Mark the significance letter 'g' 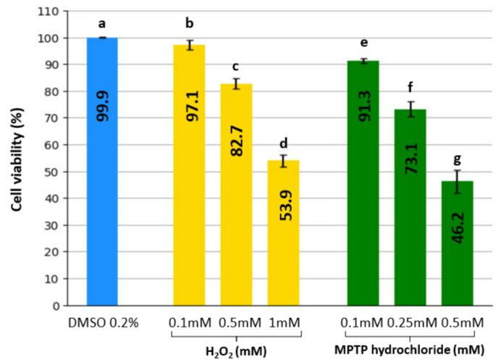457,159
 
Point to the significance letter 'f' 410,88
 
